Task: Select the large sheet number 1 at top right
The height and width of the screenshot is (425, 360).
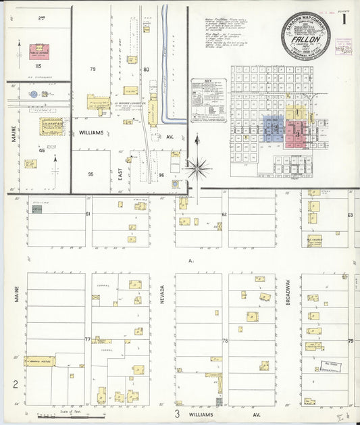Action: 344,20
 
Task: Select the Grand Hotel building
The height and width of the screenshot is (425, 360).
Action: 41,362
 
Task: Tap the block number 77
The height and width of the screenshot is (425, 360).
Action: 87,339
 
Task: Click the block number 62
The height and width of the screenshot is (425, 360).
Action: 224,214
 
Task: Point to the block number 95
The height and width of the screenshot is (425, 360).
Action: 91,174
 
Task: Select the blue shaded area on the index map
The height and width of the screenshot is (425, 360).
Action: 274,128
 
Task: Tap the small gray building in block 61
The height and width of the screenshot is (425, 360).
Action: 37,209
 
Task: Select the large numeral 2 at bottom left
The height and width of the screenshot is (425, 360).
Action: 15,385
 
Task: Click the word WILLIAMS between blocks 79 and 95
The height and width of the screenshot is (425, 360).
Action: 90,133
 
